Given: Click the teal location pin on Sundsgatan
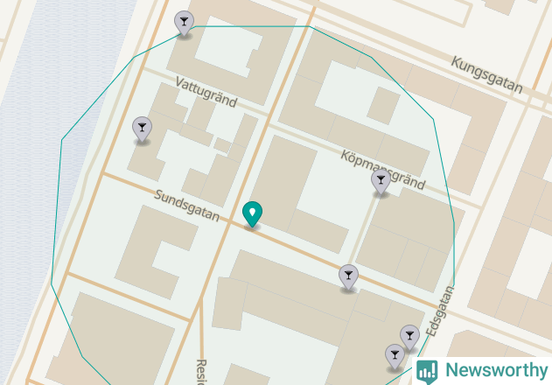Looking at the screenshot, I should point(252,213).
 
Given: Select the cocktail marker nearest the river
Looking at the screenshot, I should point(142,129).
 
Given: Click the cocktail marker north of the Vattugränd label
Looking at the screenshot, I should point(184,23).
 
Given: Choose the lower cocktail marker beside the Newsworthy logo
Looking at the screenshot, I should point(395,355).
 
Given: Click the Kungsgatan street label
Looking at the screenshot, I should point(486,75).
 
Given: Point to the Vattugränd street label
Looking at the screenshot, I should point(206,92).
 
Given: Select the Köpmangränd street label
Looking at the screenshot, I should point(382,169).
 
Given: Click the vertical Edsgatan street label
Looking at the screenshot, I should point(438,311).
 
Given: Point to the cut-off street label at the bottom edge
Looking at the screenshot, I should point(200,373).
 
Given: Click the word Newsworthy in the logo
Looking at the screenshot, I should point(494,370).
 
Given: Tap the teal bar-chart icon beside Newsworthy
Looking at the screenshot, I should point(427,371).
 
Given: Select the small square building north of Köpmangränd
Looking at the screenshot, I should point(382,104).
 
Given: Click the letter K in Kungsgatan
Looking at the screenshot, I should point(456,63).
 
